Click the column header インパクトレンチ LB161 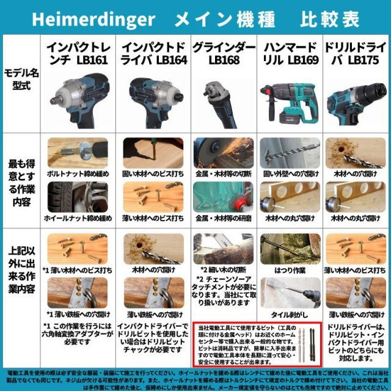pyautogui.click(x=76, y=53)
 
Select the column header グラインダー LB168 pyautogui.click(x=224, y=53)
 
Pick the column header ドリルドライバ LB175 pyautogui.click(x=356, y=53)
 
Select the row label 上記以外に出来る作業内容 pyautogui.click(x=21, y=272)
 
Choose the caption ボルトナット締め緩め pyautogui.click(x=76, y=175)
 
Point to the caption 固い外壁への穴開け pyautogui.click(x=290, y=175)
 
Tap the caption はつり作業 pyautogui.click(x=290, y=269)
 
